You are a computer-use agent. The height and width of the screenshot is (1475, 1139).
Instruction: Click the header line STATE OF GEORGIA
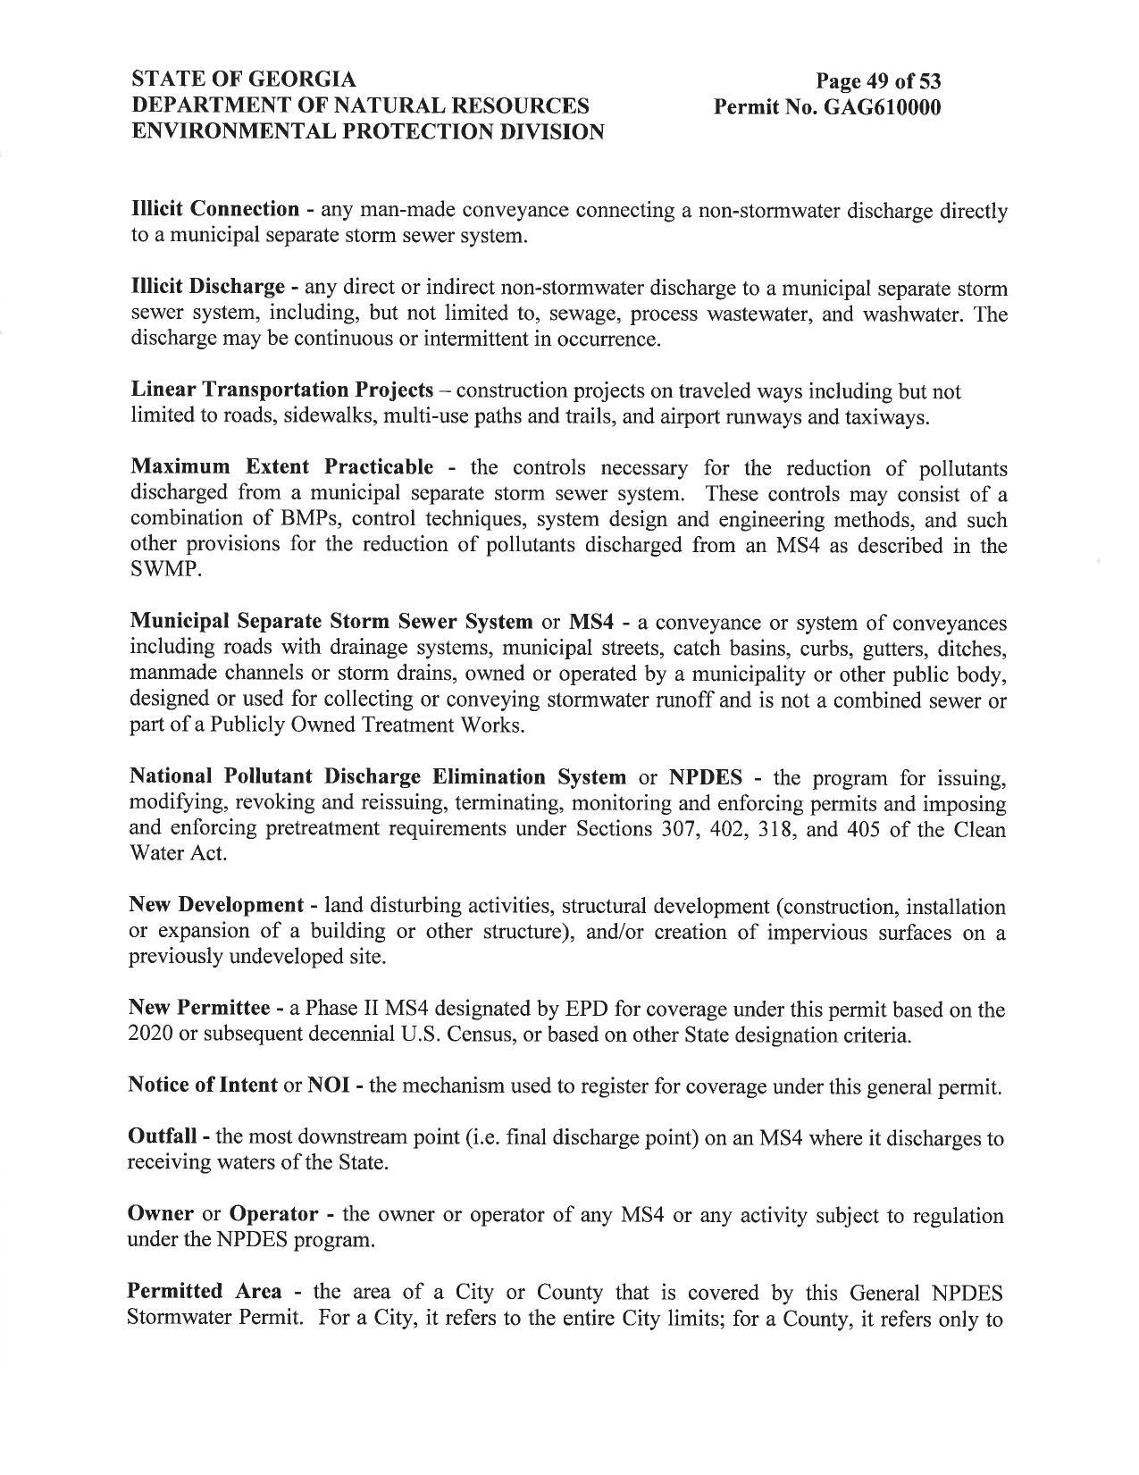pyautogui.click(x=244, y=80)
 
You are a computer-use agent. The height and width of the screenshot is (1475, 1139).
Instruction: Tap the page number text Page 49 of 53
pyautogui.click(x=878, y=82)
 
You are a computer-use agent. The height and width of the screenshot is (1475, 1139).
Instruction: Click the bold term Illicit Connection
pyautogui.click(x=214, y=210)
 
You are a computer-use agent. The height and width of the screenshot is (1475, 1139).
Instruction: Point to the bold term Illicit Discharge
pyautogui.click(x=207, y=288)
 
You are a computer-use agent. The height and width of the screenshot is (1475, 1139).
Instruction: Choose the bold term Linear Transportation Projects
pyautogui.click(x=282, y=390)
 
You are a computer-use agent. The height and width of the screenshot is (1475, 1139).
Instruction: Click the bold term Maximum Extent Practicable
pyautogui.click(x=282, y=467)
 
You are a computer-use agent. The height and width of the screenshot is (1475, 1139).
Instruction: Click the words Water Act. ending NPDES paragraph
pyautogui.click(x=178, y=853)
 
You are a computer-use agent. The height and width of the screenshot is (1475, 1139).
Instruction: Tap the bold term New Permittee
pyautogui.click(x=200, y=1009)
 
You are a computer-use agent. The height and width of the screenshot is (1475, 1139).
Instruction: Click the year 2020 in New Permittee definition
pyautogui.click(x=149, y=1035)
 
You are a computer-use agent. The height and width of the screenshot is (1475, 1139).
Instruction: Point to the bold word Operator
pyautogui.click(x=273, y=1215)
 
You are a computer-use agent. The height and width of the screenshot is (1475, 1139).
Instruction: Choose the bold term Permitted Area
pyautogui.click(x=205, y=1292)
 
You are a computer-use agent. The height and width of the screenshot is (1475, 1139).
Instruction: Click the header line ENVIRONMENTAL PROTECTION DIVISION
pyautogui.click(x=367, y=131)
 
